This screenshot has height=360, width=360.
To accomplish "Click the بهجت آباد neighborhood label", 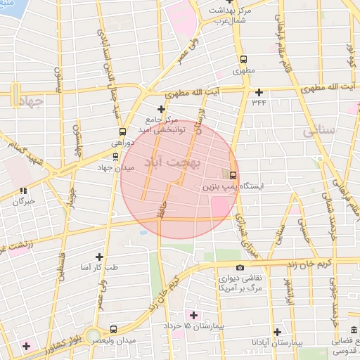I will pyautogui.click(x=172, y=162).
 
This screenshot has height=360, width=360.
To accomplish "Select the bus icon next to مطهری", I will pyautogui.click(x=243, y=60).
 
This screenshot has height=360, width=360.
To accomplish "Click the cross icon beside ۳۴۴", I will pyautogui.click(x=259, y=92).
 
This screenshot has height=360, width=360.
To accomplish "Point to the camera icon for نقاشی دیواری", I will pyautogui.click(x=240, y=267).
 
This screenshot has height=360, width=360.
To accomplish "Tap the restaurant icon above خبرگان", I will pyautogui.click(x=23, y=190).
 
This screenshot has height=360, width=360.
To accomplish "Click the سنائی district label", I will pyautogui.click(x=318, y=131).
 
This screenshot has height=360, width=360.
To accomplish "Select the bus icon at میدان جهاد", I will pyautogui.click(x=116, y=157).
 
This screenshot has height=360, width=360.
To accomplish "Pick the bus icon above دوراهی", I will pyautogui.click(x=123, y=131).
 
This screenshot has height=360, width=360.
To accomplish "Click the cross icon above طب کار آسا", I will pyautogui.click(x=99, y=257).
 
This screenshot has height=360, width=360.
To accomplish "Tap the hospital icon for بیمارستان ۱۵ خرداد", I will pyautogui.click(x=193, y=314).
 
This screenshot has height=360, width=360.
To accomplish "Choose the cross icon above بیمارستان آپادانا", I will pyautogui.click(x=278, y=332).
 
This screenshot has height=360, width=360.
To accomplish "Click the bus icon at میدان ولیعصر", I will pyautogui.click(x=114, y=329).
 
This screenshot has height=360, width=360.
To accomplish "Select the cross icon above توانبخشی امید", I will pyautogui.click(x=162, y=109).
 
